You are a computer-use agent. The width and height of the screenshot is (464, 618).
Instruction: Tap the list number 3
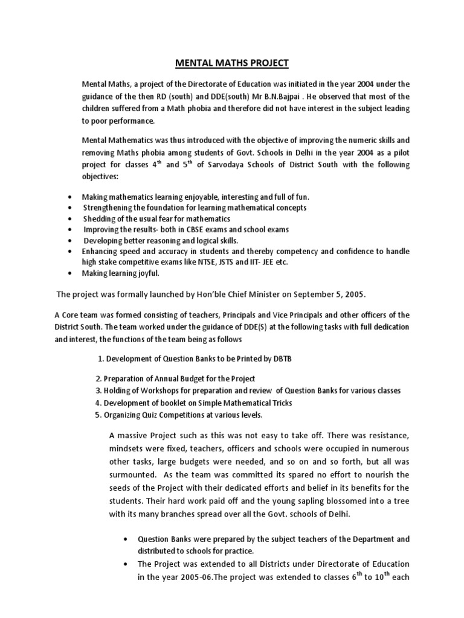tap(97, 390)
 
